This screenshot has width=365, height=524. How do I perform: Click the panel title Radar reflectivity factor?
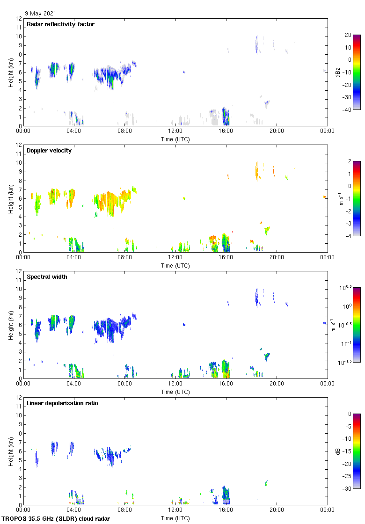pyautogui.click(x=61, y=24)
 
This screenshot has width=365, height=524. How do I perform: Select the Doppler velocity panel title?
pyautogui.click(x=49, y=151)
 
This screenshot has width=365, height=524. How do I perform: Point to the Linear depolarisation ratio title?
pyautogui.click(x=62, y=403)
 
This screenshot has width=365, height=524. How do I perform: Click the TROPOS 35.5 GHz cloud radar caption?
pyautogui.click(x=56, y=519)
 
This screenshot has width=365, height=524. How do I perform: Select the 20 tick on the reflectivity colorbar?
pyautogui.click(x=348, y=35)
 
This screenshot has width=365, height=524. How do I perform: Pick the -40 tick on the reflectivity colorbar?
pyautogui.click(x=348, y=109)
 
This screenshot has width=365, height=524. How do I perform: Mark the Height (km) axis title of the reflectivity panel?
pyautogui.click(x=10, y=72)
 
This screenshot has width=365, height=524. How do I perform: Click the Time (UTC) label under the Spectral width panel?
pyautogui.click(x=175, y=392)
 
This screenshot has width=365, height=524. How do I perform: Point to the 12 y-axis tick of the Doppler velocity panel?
pyautogui.click(x=18, y=145)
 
